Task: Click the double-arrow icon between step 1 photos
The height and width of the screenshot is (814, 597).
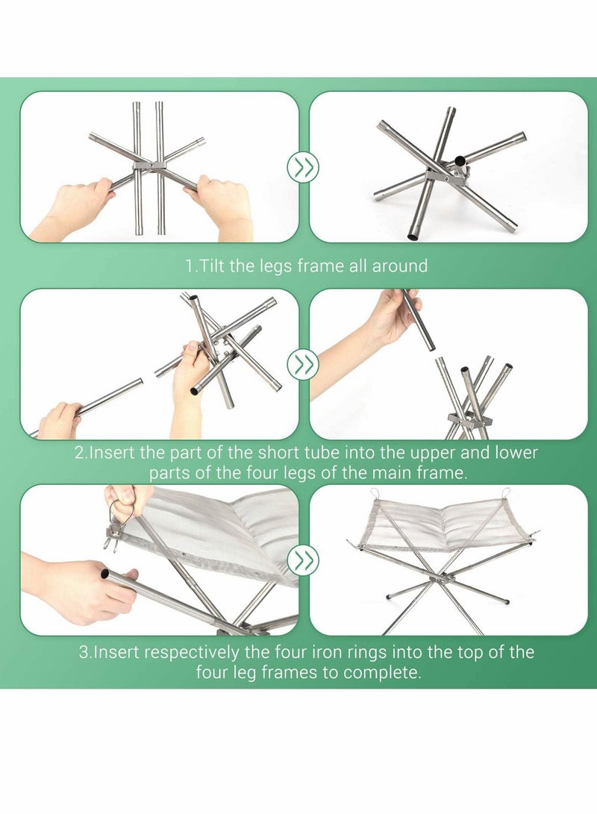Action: pos(303,167)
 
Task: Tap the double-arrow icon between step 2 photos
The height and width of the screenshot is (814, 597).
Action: pos(303,364)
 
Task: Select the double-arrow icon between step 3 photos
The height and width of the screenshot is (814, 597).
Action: pos(303,559)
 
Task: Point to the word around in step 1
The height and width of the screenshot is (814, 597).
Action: pos(400,266)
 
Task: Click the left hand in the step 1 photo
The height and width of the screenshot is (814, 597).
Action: pos(72,207)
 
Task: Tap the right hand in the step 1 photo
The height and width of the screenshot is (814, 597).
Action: pos(223,205)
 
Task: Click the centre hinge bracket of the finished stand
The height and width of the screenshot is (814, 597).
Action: pos(443,577)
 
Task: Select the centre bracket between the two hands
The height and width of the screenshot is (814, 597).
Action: pos(150,166)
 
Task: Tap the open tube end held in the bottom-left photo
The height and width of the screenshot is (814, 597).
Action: pos(105,574)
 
